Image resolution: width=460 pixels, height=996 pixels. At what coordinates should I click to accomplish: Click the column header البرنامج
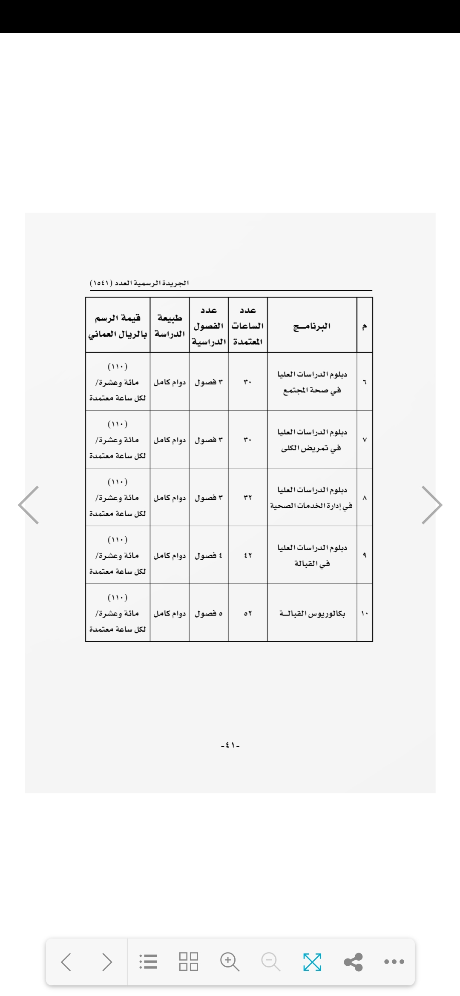coord(312,326)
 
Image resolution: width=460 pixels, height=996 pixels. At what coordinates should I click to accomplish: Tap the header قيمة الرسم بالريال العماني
coord(118,326)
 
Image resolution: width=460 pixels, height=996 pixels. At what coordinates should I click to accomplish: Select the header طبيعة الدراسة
coord(170,326)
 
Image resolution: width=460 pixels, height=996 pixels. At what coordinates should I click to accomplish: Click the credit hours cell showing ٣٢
coord(248,498)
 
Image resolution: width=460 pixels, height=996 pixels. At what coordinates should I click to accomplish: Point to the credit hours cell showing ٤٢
coord(248,555)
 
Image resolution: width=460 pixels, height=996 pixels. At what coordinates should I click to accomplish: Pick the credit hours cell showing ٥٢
coord(248,613)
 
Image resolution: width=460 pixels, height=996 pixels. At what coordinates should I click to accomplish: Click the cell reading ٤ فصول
coord(209,555)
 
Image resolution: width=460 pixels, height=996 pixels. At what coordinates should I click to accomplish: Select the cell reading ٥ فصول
coord(209,613)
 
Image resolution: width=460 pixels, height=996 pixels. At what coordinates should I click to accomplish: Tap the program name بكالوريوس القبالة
coord(312,613)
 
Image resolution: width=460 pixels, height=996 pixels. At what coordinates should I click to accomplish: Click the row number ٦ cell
coord(365,382)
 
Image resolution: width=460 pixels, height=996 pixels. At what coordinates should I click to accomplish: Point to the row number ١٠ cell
coord(365,613)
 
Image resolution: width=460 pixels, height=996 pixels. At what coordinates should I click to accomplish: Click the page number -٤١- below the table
coord(230,745)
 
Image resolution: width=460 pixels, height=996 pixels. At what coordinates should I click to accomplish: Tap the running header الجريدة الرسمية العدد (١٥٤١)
coord(139,283)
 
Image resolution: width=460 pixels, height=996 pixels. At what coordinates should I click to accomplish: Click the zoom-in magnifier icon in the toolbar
coord(230,962)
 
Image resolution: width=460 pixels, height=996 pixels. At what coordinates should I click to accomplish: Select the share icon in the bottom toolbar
coord(353,962)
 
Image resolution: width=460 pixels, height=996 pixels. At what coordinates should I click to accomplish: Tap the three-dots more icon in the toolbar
coord(394,962)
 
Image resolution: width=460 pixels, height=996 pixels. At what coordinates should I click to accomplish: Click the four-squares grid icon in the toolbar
coord(189,962)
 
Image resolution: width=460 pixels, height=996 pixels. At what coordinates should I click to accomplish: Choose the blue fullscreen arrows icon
coord(312,962)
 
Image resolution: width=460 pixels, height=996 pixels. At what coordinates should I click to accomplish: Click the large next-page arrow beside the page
coord(431,505)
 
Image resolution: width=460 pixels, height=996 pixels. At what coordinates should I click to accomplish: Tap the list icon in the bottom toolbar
coord(148,962)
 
